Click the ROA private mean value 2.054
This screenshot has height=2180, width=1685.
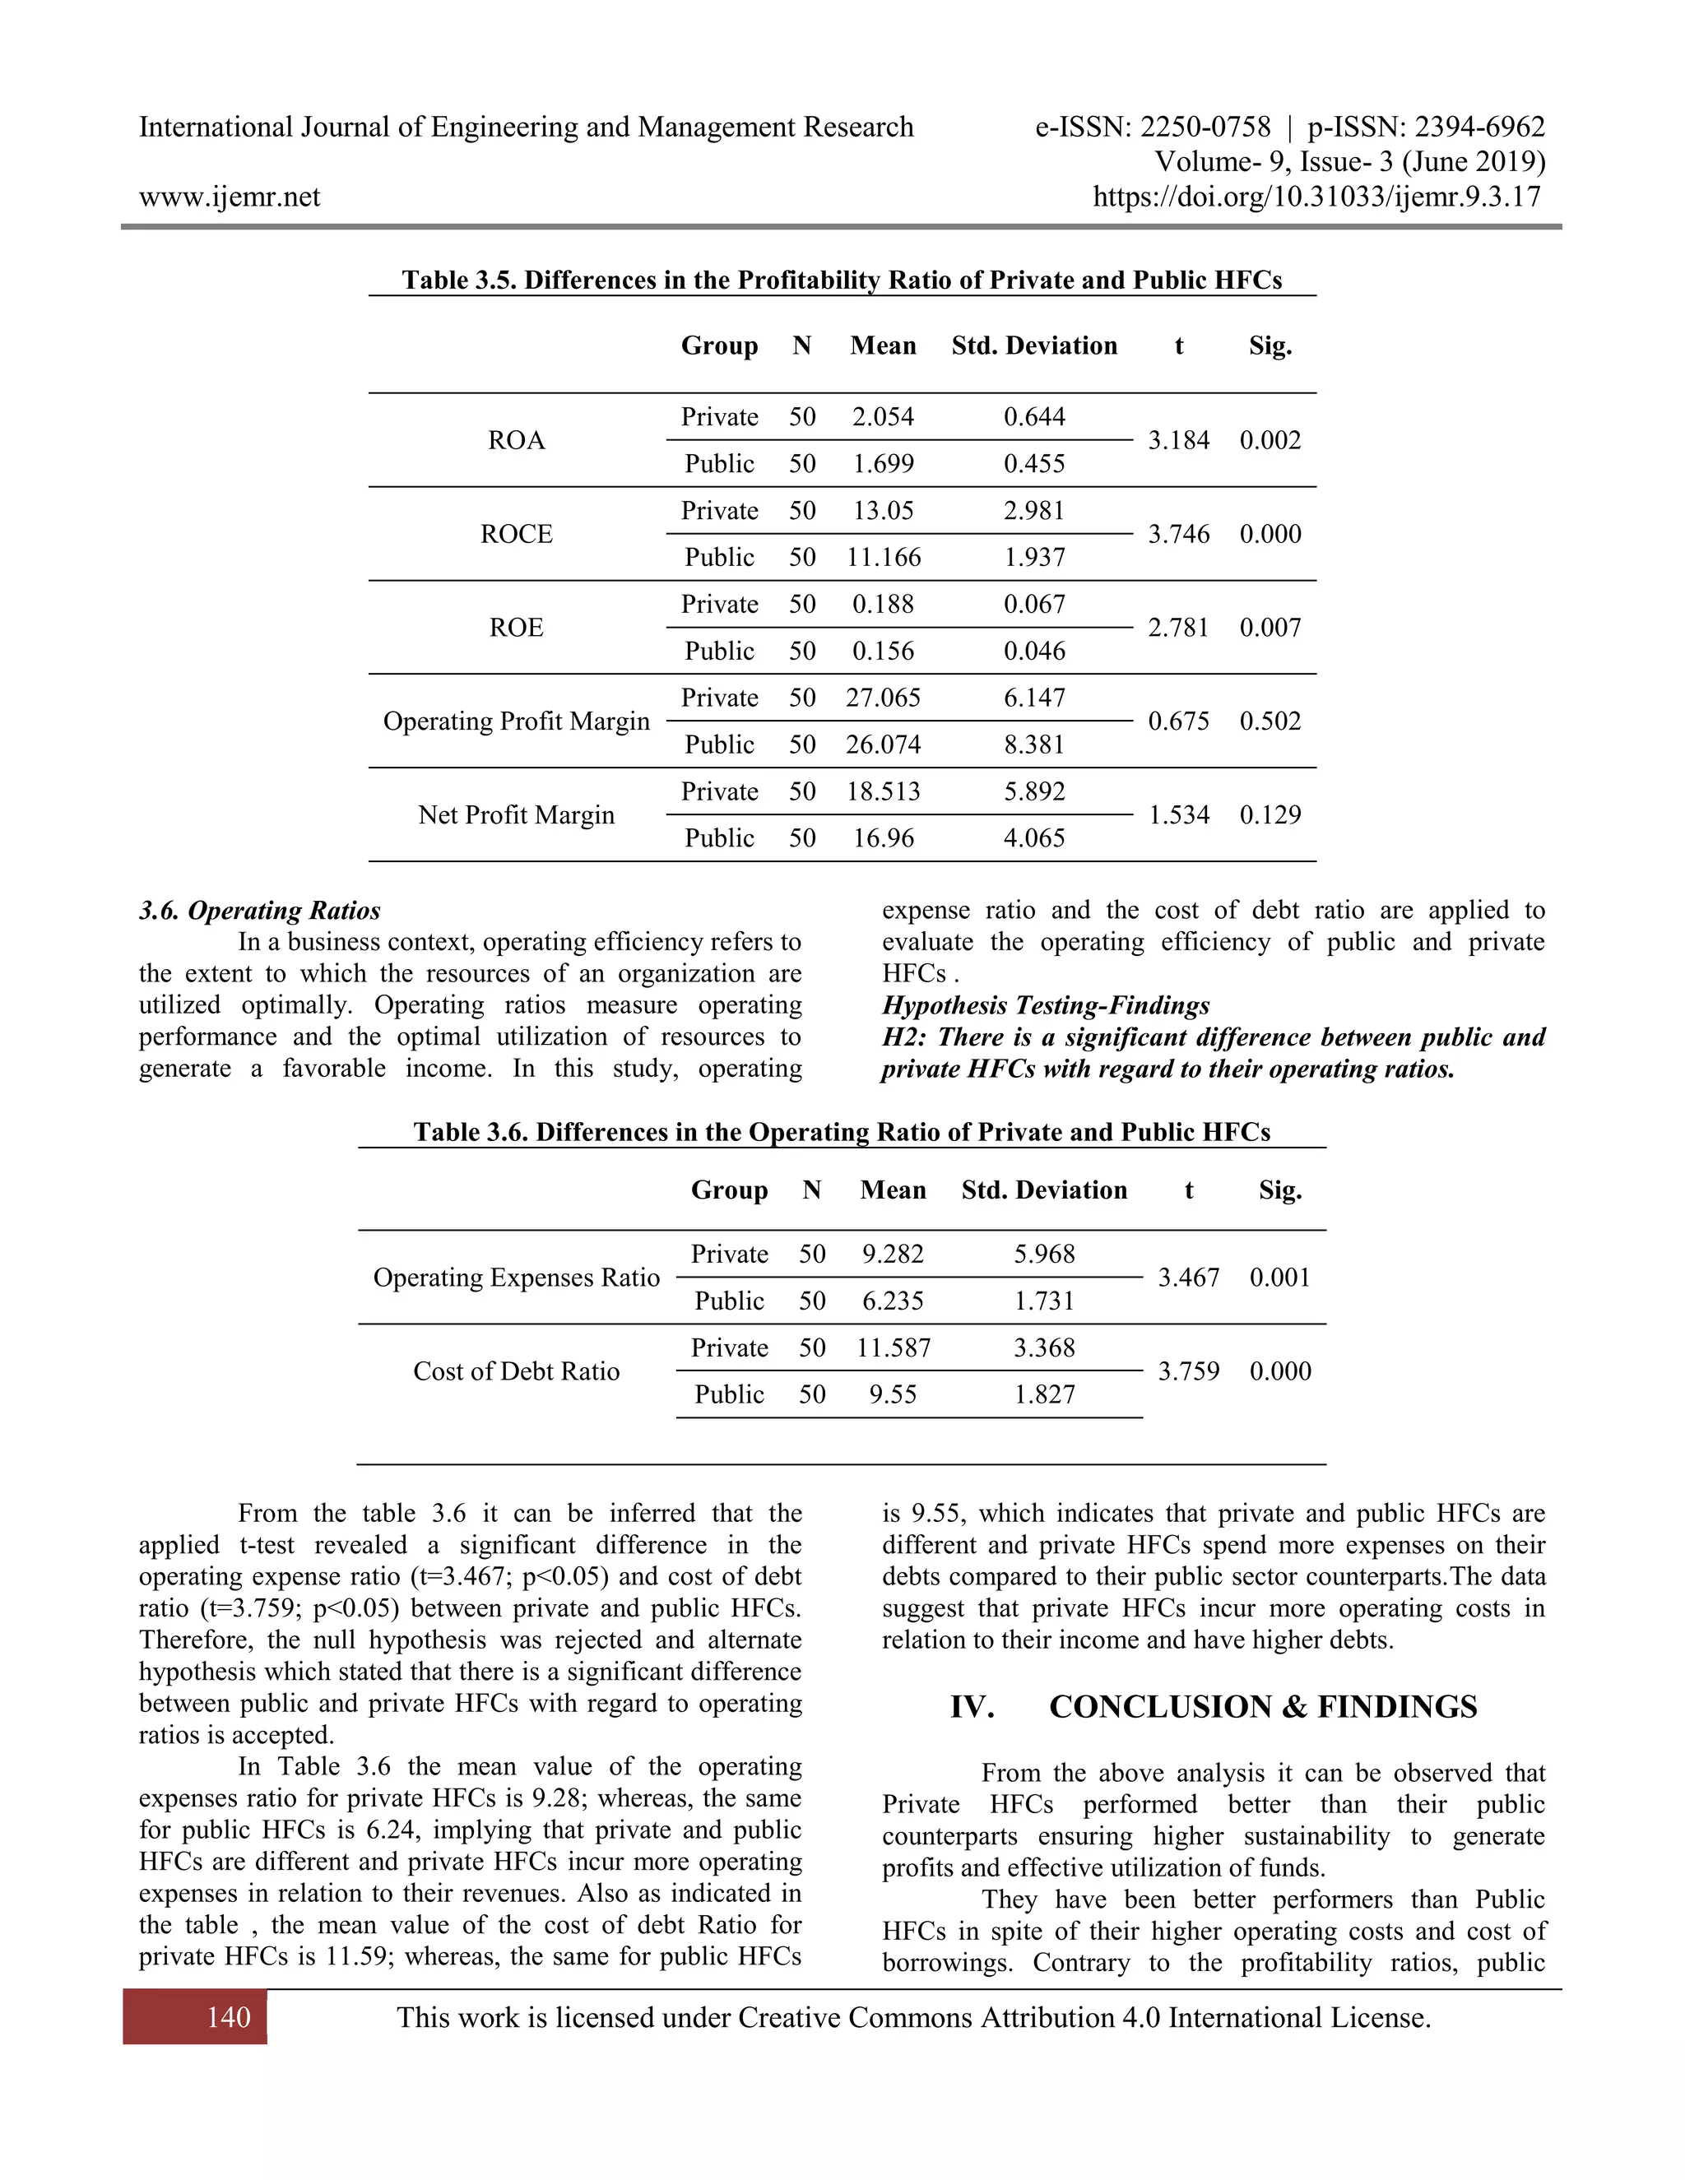[883, 416]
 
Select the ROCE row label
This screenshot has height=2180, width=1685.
[516, 534]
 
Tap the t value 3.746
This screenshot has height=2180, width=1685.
[1178, 534]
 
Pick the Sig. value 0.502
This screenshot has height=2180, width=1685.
[1270, 721]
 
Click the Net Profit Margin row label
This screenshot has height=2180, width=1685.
[516, 814]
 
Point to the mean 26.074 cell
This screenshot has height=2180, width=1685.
[883, 744]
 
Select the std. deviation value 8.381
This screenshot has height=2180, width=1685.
[1034, 744]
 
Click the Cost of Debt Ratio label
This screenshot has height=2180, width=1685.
[516, 1371]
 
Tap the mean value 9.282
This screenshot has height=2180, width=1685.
[893, 1254]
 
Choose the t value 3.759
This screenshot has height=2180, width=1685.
[1188, 1371]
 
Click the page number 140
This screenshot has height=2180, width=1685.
[228, 2017]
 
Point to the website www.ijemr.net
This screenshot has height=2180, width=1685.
[230, 197]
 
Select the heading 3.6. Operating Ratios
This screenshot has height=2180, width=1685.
[259, 911]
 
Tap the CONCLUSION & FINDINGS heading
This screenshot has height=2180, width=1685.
[1262, 1707]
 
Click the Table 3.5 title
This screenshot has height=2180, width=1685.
[842, 280]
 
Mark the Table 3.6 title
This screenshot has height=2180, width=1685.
[842, 1132]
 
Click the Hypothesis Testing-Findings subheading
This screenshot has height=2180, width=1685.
[1045, 1005]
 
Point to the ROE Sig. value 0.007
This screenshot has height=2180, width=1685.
[1270, 628]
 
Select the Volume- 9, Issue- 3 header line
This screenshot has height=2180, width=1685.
[1348, 162]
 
